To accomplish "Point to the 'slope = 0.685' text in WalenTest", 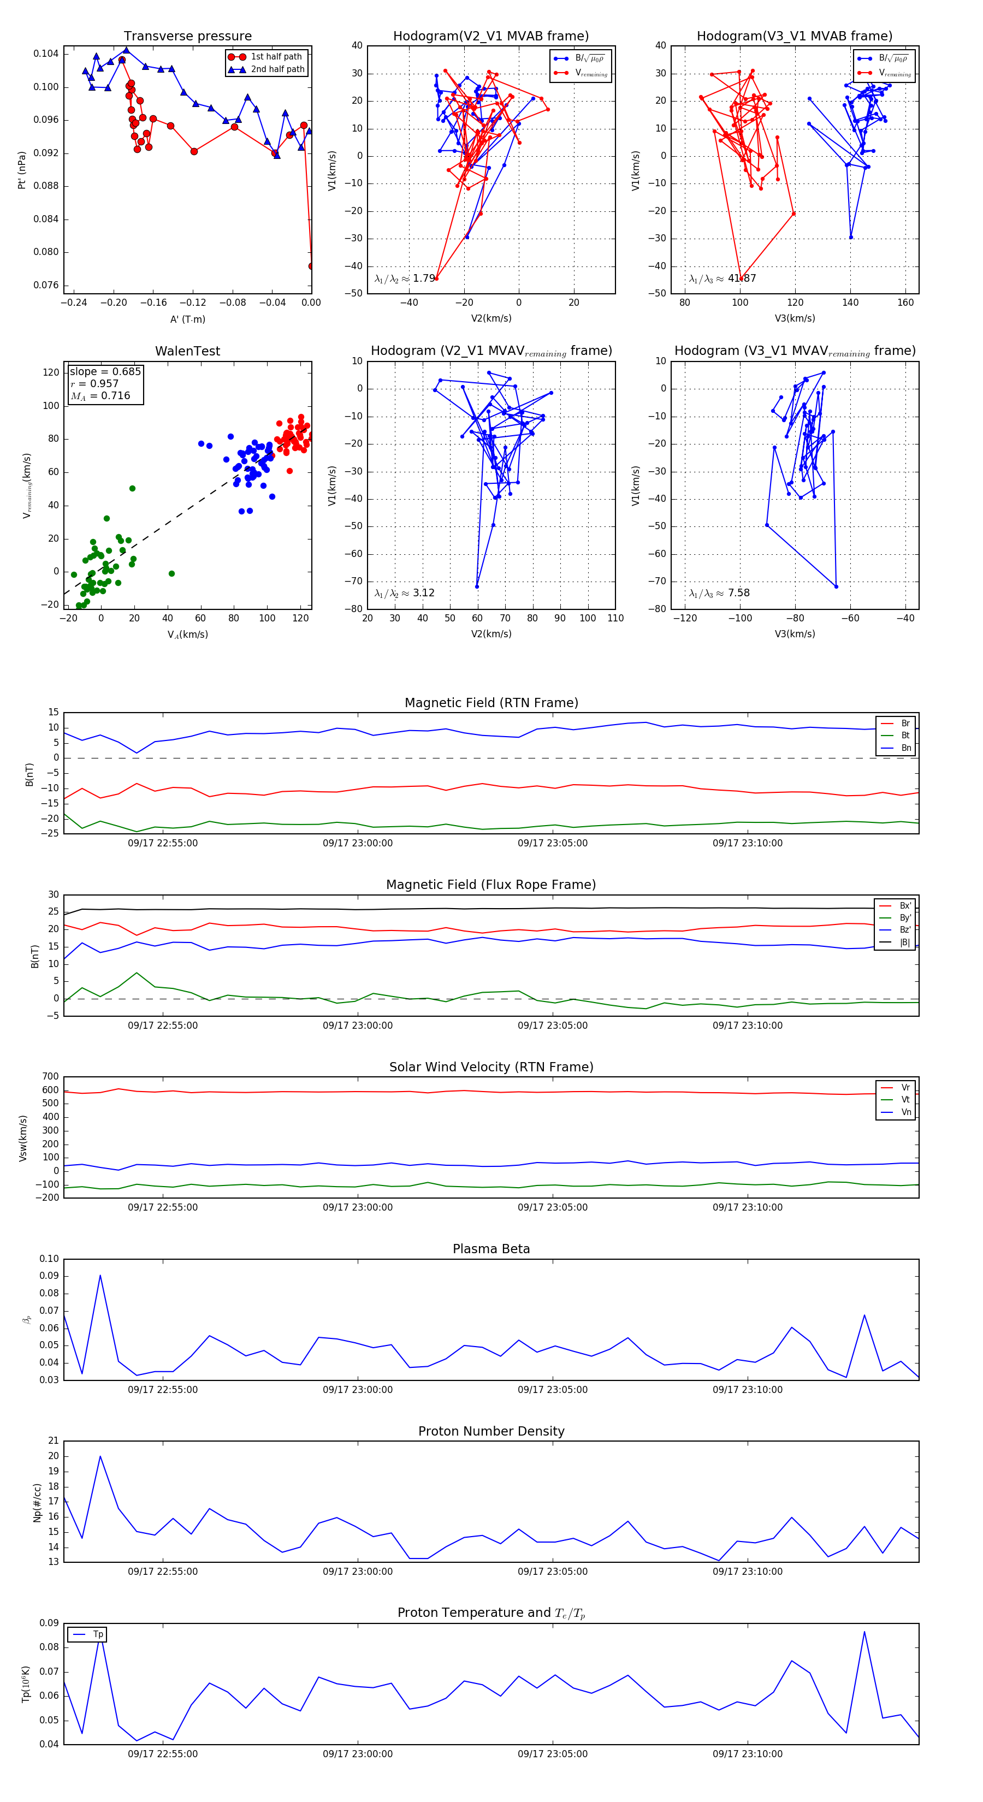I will (x=105, y=371).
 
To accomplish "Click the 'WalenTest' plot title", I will (x=187, y=351).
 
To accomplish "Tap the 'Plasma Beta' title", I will (x=491, y=1249).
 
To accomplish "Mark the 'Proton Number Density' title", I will (x=491, y=1431).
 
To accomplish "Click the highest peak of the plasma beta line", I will (x=100, y=1275).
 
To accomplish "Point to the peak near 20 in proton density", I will (x=100, y=1456).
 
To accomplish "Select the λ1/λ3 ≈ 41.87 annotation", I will (x=722, y=278).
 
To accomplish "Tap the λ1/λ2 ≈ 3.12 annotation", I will (x=404, y=593).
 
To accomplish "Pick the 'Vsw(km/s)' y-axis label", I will (x=23, y=1138).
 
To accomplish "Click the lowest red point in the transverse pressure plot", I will (x=311, y=266).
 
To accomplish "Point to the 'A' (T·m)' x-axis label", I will (x=187, y=319).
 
